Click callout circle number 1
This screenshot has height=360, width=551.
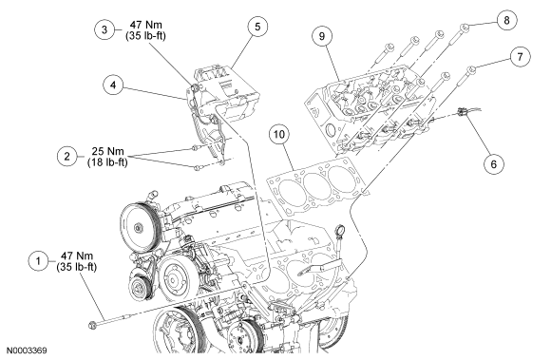(x=38, y=261)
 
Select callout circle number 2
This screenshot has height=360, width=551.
(x=66, y=156)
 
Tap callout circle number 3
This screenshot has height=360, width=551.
(x=104, y=29)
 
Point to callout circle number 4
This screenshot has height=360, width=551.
(x=113, y=85)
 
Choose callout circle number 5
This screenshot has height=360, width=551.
(x=257, y=27)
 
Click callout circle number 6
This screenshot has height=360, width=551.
(x=494, y=164)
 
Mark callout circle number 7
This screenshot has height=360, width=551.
(x=520, y=56)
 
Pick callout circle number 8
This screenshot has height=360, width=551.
(x=506, y=20)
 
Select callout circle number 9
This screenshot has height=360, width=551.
(x=322, y=36)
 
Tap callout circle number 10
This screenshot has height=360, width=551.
(x=279, y=134)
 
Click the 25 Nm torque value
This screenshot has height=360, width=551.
(x=108, y=151)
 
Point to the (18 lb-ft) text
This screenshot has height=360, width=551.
(x=107, y=162)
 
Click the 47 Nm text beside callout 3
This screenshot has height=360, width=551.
(x=146, y=25)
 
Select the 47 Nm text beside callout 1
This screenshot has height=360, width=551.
(x=77, y=256)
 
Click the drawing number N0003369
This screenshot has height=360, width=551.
(x=27, y=351)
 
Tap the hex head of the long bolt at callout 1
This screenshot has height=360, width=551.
(x=93, y=325)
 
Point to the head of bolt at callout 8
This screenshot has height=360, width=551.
(x=465, y=27)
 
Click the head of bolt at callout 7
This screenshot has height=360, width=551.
(x=472, y=69)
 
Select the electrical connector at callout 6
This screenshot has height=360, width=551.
(x=462, y=112)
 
